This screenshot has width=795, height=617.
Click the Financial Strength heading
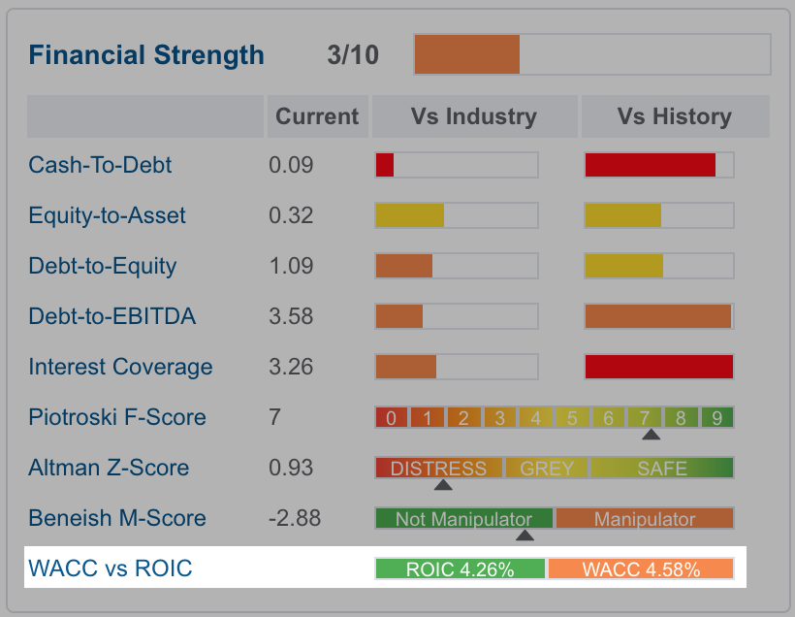146,55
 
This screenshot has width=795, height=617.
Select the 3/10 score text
353,54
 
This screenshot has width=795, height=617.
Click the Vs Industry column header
474,116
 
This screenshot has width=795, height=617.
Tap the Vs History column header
675,116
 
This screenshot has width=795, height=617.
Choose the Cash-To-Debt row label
100,165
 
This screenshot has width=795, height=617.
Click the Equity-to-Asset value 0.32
291,215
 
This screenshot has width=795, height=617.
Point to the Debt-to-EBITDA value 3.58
291,316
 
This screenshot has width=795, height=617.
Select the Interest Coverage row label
120,367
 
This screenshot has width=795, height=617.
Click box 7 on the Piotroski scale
645,417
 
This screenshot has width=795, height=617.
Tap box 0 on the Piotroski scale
391,417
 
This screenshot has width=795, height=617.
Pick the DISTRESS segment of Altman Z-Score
438,468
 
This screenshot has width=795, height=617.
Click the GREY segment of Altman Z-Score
547,468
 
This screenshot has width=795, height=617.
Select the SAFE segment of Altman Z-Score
662,468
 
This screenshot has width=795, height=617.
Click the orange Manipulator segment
645,519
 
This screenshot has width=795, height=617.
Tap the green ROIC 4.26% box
460,568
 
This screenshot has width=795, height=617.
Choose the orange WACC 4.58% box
641,568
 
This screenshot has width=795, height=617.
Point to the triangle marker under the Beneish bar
525,536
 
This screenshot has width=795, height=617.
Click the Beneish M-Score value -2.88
295,518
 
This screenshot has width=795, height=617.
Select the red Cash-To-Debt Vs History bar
650,165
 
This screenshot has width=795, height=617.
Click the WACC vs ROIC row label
110,568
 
